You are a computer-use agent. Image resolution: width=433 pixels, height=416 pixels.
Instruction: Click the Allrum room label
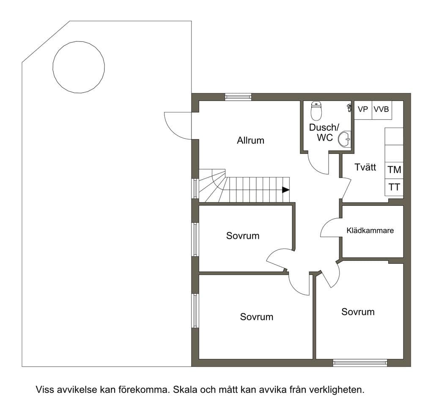pos(250,140)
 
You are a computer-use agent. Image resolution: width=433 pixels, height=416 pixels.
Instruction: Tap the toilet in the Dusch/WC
pos(316,111)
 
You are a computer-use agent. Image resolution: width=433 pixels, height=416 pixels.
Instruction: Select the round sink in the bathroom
pos(345,139)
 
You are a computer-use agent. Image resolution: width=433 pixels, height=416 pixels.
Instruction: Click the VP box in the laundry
pos(363,110)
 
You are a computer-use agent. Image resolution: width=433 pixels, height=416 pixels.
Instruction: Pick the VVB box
pos(382,110)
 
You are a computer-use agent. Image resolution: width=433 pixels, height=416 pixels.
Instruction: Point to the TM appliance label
pos(394,170)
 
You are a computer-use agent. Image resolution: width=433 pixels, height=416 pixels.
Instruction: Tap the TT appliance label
pos(394,187)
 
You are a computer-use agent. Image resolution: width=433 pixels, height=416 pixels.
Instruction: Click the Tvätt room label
pos(365,167)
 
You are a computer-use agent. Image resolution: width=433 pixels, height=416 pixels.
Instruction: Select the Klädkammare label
pos(370,230)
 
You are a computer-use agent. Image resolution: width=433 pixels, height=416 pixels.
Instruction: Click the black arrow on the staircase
pos(286,190)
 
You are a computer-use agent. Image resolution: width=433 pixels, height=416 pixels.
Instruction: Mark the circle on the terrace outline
pos(79,67)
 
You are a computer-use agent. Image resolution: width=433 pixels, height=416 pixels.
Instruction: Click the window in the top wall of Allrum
pos(238,97)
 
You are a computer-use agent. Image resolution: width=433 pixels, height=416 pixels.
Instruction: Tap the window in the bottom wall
pos(360,363)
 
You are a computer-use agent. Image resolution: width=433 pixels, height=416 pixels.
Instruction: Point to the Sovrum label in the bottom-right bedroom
pos(358,312)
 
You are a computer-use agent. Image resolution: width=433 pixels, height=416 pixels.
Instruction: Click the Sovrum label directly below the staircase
pos(243,236)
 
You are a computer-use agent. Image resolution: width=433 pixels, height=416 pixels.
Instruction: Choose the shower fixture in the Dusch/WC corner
pos(349,108)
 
